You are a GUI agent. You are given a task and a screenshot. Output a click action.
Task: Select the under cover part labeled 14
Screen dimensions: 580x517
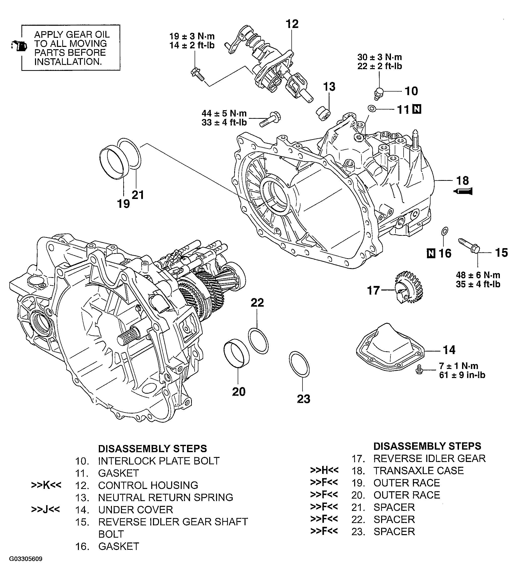[390, 345]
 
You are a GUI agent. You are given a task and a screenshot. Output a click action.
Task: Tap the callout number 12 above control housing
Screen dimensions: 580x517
[292, 24]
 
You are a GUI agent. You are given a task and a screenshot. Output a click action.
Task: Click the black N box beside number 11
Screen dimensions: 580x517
[417, 109]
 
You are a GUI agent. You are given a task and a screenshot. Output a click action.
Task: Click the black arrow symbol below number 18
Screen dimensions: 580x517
[463, 192]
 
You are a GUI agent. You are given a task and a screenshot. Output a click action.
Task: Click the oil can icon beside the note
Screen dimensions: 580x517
[19, 46]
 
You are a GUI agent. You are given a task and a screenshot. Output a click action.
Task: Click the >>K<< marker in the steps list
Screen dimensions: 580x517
[46, 485]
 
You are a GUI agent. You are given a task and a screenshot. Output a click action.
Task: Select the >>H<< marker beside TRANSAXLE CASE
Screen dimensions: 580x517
[324, 470]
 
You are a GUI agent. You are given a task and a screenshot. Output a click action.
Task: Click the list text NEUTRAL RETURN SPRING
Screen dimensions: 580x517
[165, 497]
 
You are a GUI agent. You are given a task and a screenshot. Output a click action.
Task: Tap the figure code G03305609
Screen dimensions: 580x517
[26, 559]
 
